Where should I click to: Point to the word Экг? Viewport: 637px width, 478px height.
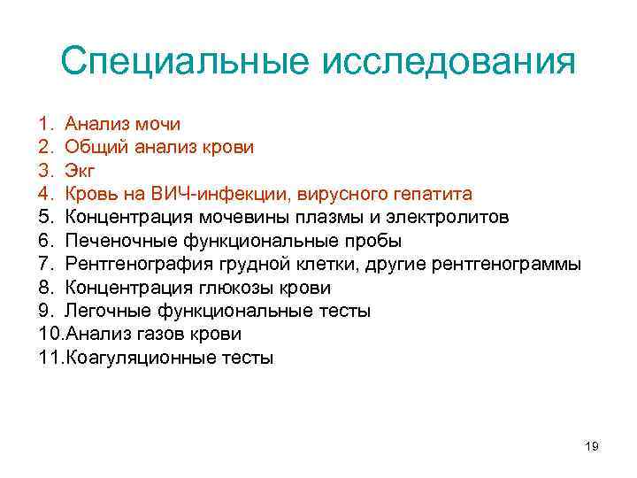(x=81, y=171)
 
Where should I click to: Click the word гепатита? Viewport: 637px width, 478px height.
(x=433, y=194)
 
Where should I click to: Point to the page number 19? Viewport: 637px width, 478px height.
(x=592, y=447)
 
